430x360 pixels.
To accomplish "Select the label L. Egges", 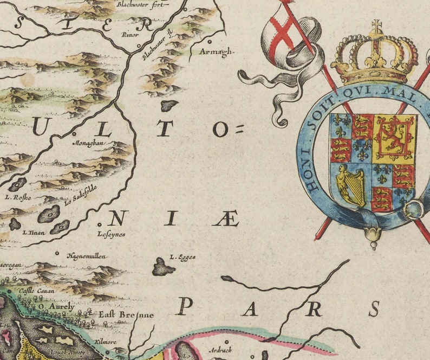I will pos(183,257).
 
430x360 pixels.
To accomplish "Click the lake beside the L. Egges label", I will pos(162,267).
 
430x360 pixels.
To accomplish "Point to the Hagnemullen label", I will pos(87,256).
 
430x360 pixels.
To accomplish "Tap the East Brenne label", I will pos(126,314).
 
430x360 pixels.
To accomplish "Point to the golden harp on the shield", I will pos(351,186).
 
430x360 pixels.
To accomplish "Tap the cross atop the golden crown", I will pos(376,26).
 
